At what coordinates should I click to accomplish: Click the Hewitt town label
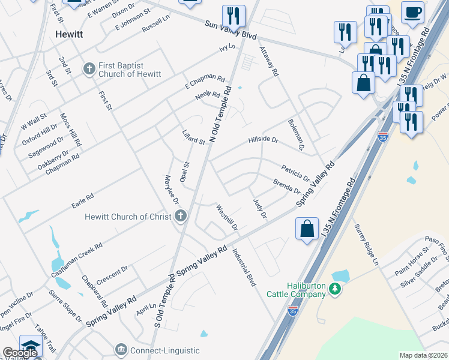pyautogui.click(x=69, y=34)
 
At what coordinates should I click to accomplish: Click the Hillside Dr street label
pyautogui.click(x=264, y=140)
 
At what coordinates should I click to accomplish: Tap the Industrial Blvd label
pyautogui.click(x=244, y=267)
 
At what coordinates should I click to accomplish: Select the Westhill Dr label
pyautogui.click(x=227, y=218)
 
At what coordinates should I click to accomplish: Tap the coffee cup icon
pyautogui.click(x=413, y=13)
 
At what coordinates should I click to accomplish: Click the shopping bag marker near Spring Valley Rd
pyautogui.click(x=307, y=229)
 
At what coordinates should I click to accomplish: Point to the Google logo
pyautogui.click(x=20, y=353)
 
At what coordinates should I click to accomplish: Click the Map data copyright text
pyautogui.click(x=424, y=355)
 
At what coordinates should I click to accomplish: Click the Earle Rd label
pyautogui.click(x=83, y=197)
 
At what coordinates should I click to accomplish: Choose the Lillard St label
pyautogui.click(x=194, y=137)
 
